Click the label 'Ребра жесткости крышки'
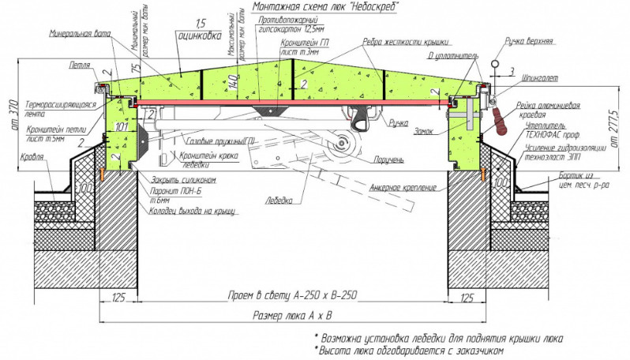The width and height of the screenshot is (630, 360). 406,40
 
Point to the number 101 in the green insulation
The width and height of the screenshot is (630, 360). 121,126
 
